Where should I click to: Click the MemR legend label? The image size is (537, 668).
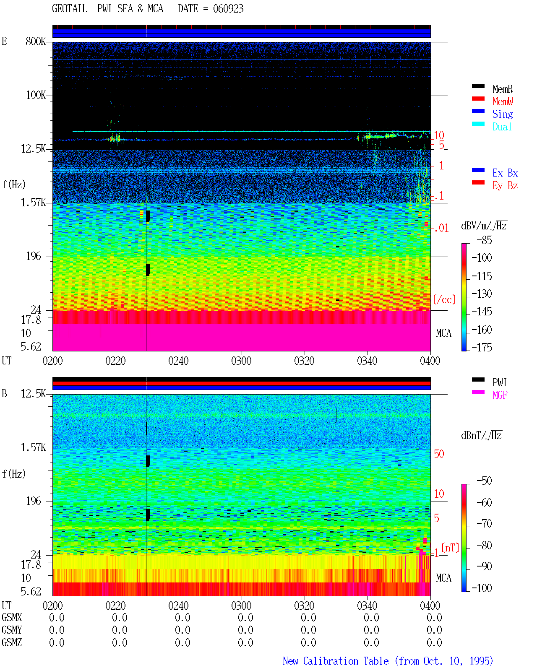pos(502,89)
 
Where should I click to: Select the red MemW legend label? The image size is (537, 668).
pos(502,101)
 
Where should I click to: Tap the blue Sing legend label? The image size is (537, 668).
pos(502,114)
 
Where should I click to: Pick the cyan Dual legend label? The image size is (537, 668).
pos(502,127)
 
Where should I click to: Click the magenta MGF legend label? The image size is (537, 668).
pos(500,395)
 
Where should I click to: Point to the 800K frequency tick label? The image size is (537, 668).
pos(36,41)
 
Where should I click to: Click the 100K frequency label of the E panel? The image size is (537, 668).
pos(36,95)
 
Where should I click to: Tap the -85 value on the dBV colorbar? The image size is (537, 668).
pos(484,240)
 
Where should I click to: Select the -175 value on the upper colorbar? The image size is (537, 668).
pos(482,347)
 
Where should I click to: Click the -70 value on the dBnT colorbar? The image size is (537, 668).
pos(484,524)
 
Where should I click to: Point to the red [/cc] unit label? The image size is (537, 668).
pos(444,299)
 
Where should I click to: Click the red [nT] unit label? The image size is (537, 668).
pos(450,547)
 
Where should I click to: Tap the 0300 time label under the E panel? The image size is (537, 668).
pos(241,361)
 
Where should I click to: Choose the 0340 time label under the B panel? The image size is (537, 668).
pos(367,606)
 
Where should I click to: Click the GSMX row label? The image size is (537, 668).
pos(12,617)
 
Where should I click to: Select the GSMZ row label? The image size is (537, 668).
pos(12,642)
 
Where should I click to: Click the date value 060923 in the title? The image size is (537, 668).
pos(228,9)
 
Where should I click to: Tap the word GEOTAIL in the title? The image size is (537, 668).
pos(70,9)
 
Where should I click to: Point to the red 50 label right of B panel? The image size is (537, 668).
pos(439,454)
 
